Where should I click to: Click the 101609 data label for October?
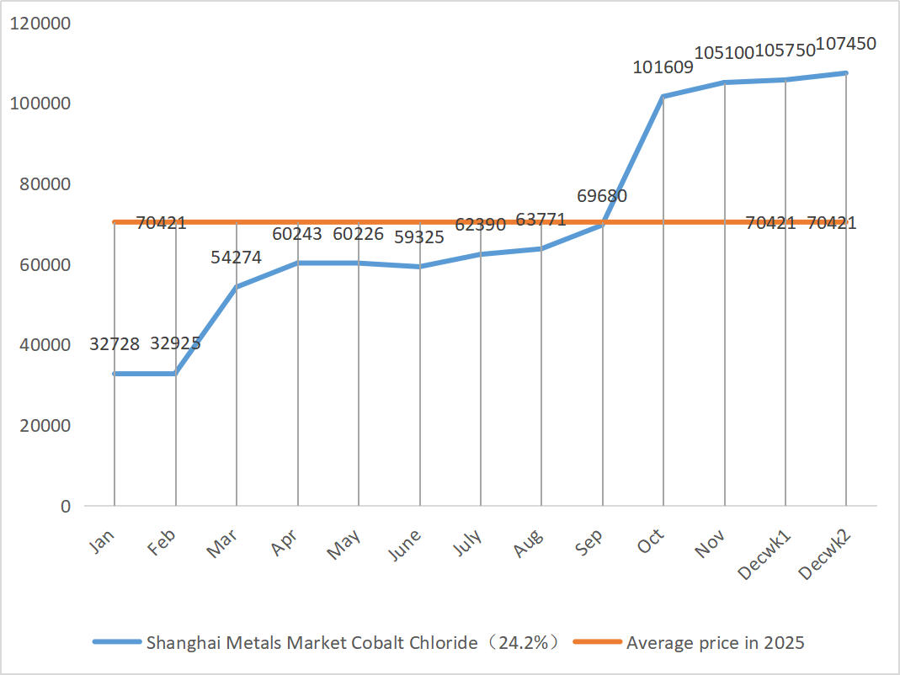[x=663, y=67]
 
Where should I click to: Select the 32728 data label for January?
[x=114, y=343]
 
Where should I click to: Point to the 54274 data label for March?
[x=237, y=258]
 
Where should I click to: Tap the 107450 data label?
[x=846, y=43]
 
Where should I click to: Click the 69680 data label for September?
[x=602, y=196]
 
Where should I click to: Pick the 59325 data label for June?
[x=419, y=237]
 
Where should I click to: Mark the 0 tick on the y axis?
[x=64, y=507]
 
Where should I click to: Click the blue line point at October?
[x=663, y=97]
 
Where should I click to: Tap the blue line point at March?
[x=237, y=287]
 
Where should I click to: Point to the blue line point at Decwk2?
[x=846, y=73]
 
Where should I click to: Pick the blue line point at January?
[x=114, y=374]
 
